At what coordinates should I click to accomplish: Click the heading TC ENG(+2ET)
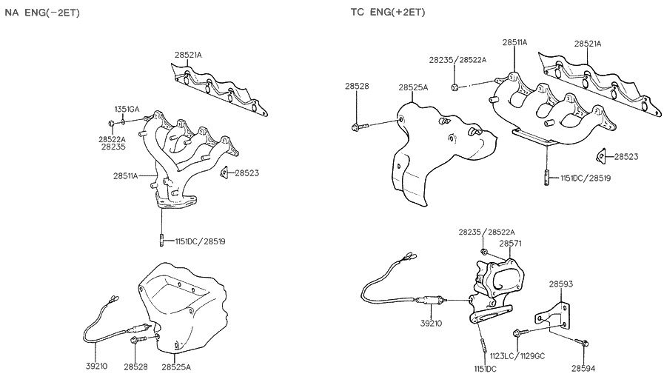click(x=388, y=13)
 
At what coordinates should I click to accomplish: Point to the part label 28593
click(x=560, y=284)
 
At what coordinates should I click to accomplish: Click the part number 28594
click(x=584, y=367)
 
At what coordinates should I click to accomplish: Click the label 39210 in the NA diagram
click(x=95, y=366)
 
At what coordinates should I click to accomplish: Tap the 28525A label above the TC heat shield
click(x=413, y=87)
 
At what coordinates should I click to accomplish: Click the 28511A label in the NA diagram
click(x=126, y=175)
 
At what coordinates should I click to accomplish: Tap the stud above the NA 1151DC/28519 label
click(x=161, y=240)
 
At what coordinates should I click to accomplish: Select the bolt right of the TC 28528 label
click(x=358, y=127)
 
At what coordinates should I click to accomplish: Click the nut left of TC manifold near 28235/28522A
click(x=455, y=88)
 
